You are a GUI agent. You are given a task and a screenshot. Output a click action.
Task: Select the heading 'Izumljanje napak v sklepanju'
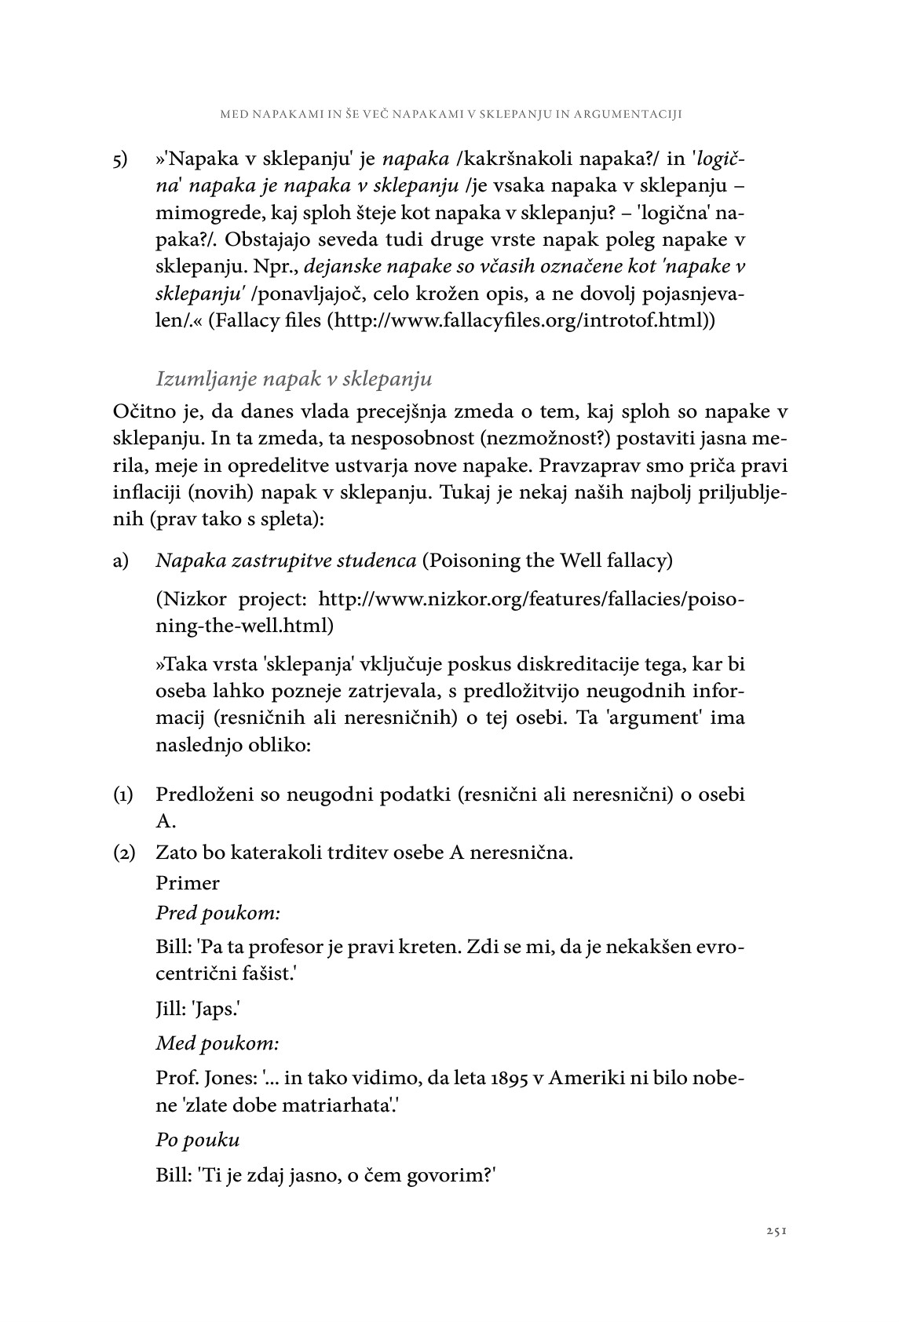(x=294, y=378)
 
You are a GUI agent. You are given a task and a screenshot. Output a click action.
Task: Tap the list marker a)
(x=121, y=561)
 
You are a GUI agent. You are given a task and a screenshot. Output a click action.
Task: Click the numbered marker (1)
(x=123, y=794)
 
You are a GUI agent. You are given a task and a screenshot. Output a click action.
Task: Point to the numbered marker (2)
(x=123, y=852)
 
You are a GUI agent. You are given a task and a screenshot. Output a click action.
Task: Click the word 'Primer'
(x=188, y=882)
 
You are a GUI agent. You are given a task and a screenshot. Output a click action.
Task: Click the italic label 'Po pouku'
(x=197, y=1139)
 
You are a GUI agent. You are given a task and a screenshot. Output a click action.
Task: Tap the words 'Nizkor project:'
(x=232, y=600)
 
